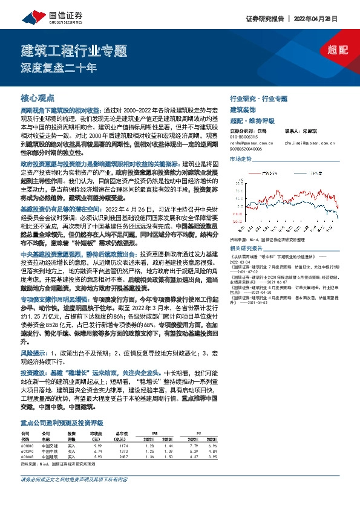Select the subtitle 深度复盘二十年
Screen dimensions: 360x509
[59, 68]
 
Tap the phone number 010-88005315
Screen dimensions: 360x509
[244, 137]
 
